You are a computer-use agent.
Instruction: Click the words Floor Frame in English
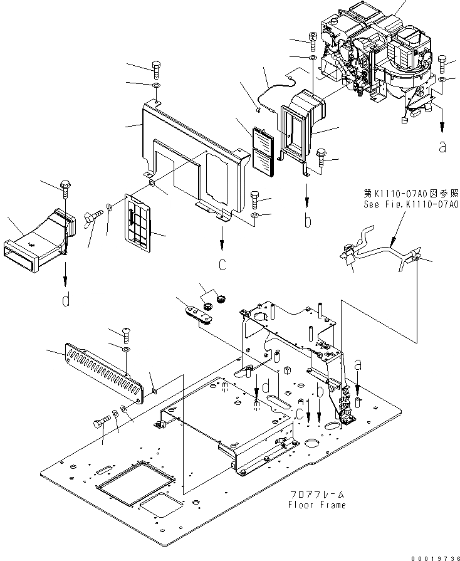point(316,504)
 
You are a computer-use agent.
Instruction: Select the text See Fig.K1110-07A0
point(410,204)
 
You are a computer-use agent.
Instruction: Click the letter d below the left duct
point(65,300)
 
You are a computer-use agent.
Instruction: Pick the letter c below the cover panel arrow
point(222,265)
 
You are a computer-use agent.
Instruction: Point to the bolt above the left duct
point(65,185)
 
